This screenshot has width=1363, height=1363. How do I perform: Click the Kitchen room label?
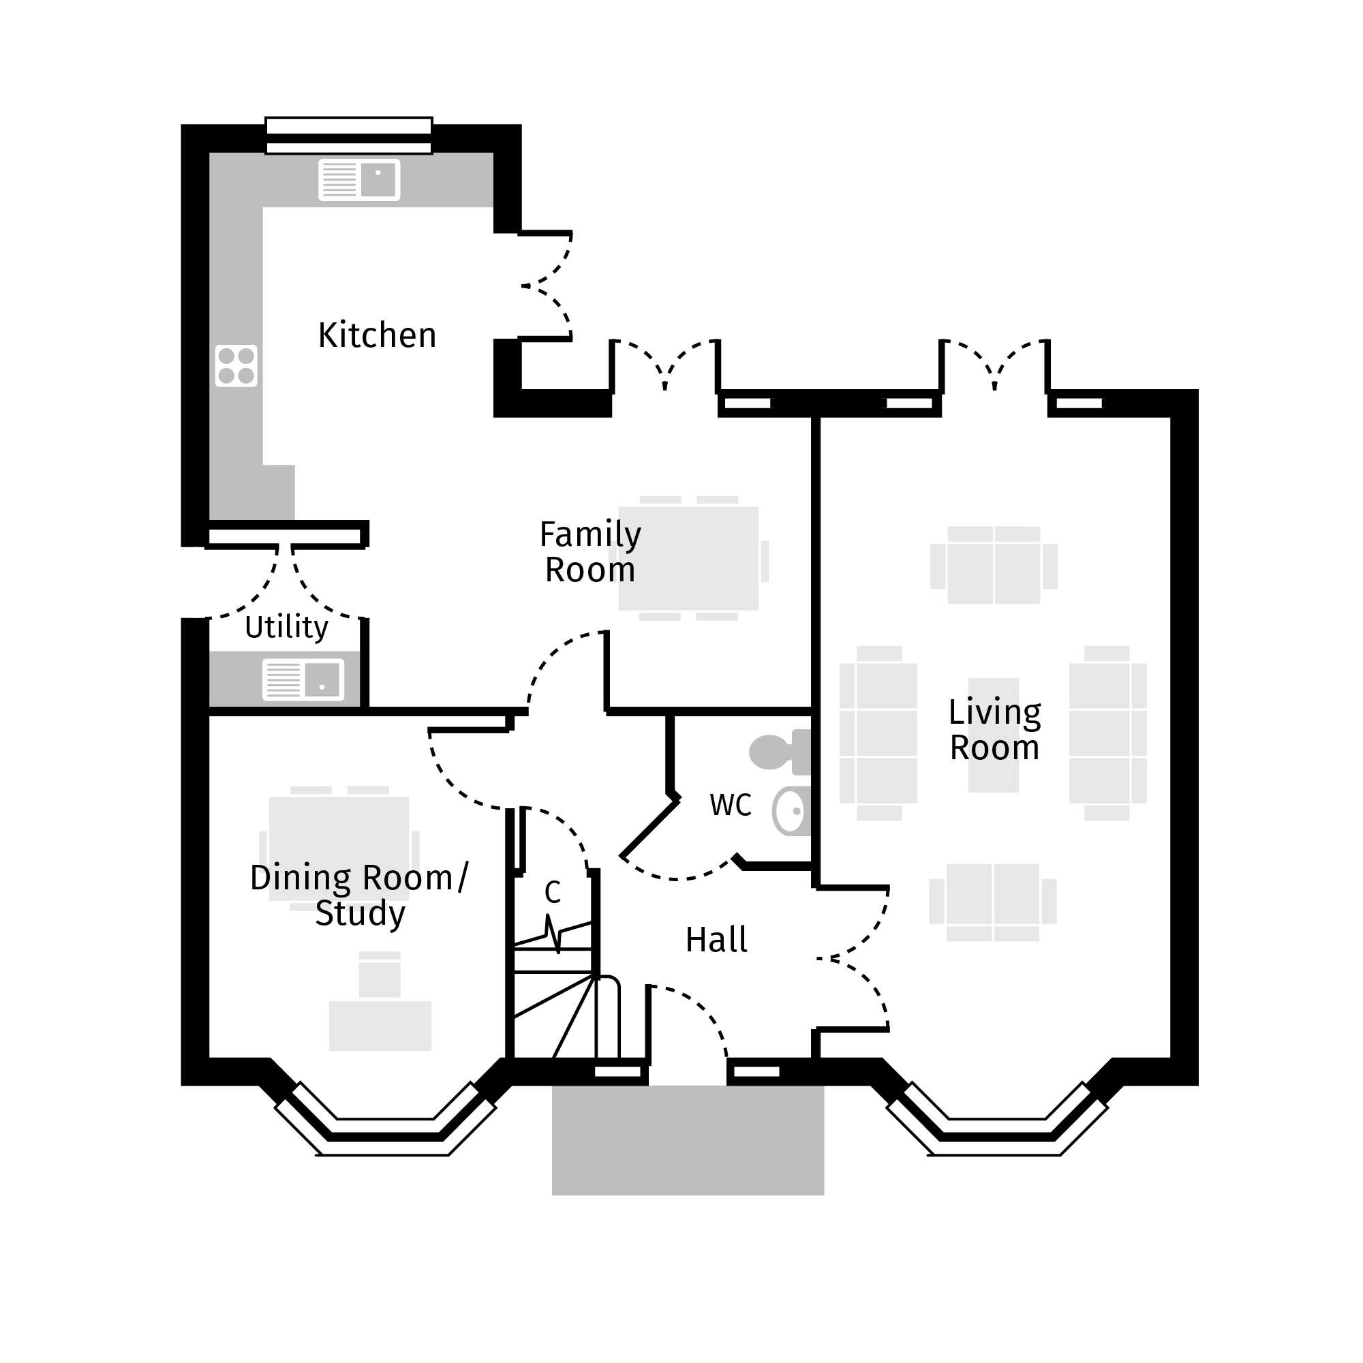(x=377, y=335)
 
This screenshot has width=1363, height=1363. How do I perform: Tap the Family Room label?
(x=589, y=553)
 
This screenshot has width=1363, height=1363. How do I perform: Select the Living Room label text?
(x=994, y=730)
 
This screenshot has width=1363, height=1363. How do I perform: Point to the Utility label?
(x=286, y=627)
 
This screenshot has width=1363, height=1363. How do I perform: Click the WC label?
(x=730, y=805)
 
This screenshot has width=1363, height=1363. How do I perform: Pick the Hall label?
(x=716, y=940)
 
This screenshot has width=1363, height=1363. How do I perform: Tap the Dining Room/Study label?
(x=359, y=895)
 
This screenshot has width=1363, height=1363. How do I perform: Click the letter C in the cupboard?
(x=553, y=893)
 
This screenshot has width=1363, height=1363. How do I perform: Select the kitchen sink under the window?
(x=359, y=180)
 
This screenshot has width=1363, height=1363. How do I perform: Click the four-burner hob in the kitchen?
(x=236, y=365)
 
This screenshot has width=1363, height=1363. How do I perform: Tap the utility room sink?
(x=303, y=680)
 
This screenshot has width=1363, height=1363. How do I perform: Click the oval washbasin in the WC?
(x=790, y=811)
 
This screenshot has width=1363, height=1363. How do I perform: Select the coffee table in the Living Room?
(x=994, y=736)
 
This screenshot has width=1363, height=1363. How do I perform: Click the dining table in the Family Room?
(x=688, y=558)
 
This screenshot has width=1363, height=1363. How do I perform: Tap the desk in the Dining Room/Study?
(x=380, y=1026)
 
